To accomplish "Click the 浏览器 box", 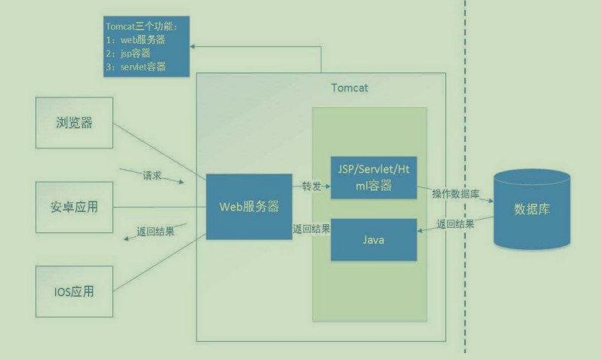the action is click(x=74, y=122).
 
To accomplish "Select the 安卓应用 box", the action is click(x=74, y=206).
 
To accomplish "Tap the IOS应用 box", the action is click(x=74, y=291).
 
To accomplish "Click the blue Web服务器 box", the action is click(x=249, y=207).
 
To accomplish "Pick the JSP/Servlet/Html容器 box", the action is click(x=374, y=178).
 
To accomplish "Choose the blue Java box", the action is click(x=374, y=240).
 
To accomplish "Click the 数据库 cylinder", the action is click(x=532, y=210).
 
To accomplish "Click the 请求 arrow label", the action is click(x=152, y=175).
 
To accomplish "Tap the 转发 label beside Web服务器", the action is click(x=312, y=186).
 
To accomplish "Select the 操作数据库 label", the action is click(x=455, y=194).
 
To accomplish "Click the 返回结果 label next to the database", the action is click(x=456, y=224).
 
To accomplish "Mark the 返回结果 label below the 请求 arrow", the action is click(x=155, y=231).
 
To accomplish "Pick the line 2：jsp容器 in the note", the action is click(x=131, y=54).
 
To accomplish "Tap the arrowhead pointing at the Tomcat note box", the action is click(x=193, y=46).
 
